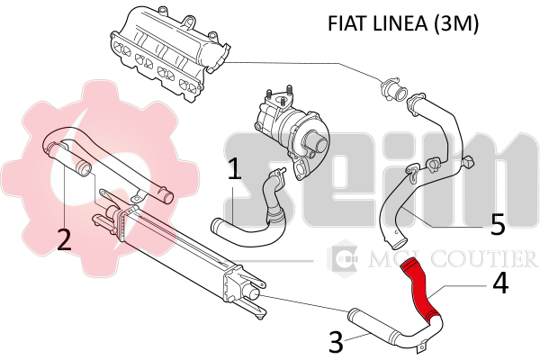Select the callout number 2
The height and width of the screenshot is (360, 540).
pyautogui.click(x=64, y=239)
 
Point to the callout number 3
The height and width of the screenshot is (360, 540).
pyautogui.click(x=335, y=343)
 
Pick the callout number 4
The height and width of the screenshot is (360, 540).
pyautogui.click(x=500, y=284)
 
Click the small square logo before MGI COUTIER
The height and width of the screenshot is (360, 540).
pyautogui.click(x=345, y=260)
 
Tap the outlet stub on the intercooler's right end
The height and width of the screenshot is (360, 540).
pyautogui.click(x=256, y=293)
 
